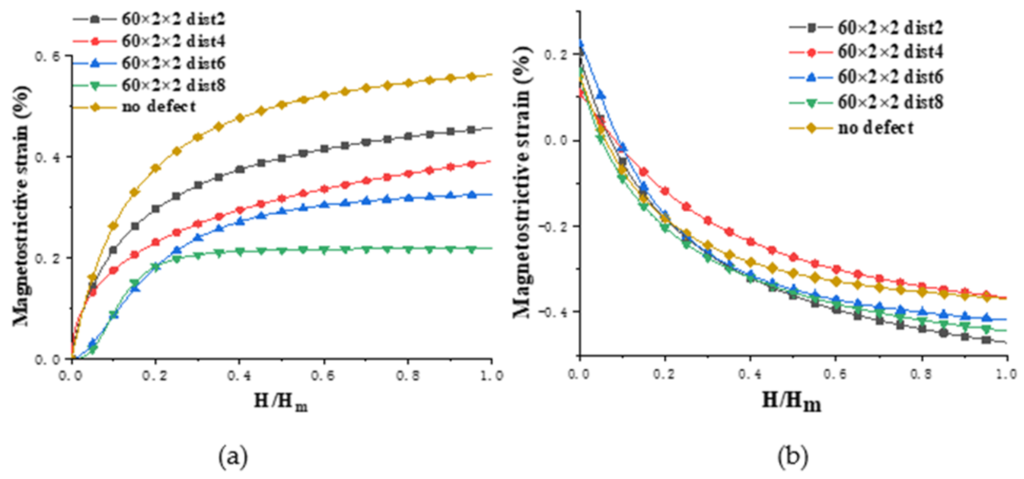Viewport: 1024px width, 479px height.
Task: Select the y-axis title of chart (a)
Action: click(21, 206)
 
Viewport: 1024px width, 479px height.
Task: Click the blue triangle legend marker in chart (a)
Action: click(95, 63)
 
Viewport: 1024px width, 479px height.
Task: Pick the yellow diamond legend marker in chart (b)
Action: click(811, 128)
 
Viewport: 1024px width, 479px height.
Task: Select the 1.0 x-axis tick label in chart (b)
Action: click(1006, 374)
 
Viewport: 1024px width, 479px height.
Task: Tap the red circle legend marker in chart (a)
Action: click(95, 41)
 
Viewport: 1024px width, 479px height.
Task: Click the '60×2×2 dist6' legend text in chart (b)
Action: click(890, 77)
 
